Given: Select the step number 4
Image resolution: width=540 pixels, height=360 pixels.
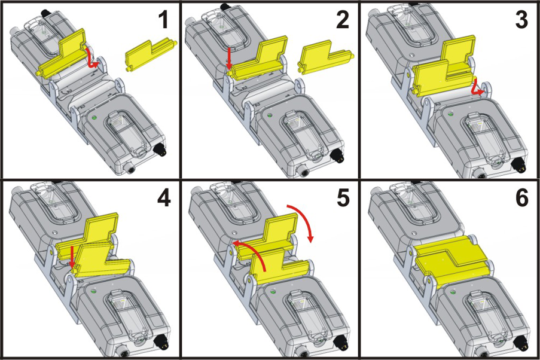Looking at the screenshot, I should tap(162, 198).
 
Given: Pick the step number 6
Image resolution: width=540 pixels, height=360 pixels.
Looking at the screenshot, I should tap(521, 198).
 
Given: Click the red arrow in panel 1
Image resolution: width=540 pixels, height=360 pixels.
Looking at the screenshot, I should tap(91, 59).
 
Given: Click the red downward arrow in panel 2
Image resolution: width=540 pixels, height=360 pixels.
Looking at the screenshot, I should tap(229, 60).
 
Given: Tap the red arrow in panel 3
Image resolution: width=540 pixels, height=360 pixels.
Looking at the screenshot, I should tap(477, 90).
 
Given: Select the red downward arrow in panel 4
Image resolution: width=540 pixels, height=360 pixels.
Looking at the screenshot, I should tap(72, 255).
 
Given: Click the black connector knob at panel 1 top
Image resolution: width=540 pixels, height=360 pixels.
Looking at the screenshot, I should tap(44, 12).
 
